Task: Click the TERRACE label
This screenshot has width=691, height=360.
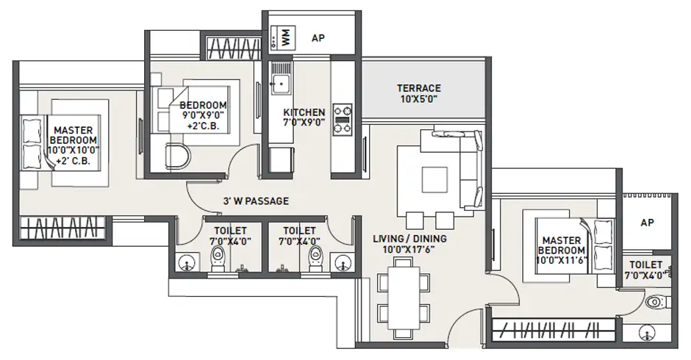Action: pos(419,88)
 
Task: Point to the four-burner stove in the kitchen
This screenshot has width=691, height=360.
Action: pos(342,118)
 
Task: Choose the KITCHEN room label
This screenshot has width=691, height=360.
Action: pos(304,112)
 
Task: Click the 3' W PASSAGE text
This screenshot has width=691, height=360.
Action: pos(256,201)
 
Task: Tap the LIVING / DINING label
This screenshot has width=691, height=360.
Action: pos(409,239)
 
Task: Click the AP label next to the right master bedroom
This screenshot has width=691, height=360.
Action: pos(647,222)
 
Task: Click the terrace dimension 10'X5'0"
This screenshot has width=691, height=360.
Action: pos(419,99)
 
